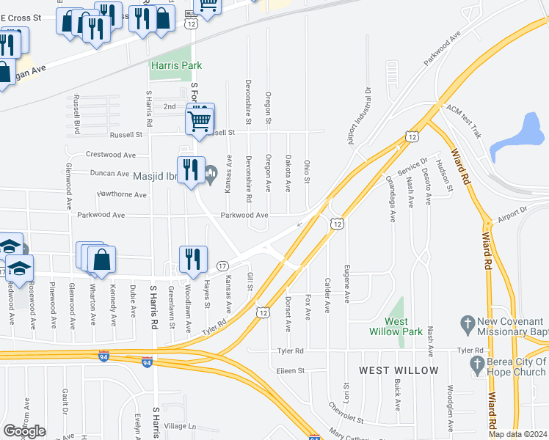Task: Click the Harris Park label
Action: click(176, 65)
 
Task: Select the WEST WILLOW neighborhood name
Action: click(399, 370)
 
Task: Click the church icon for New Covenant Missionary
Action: click(465, 323)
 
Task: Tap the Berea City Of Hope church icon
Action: click(477, 363)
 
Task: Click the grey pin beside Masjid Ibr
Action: click(211, 175)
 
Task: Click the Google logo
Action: click(24, 430)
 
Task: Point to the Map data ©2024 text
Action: click(518, 433)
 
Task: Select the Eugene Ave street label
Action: click(346, 280)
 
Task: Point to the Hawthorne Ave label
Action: click(122, 194)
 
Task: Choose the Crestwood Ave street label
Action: click(111, 155)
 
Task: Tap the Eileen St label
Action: click(290, 371)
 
